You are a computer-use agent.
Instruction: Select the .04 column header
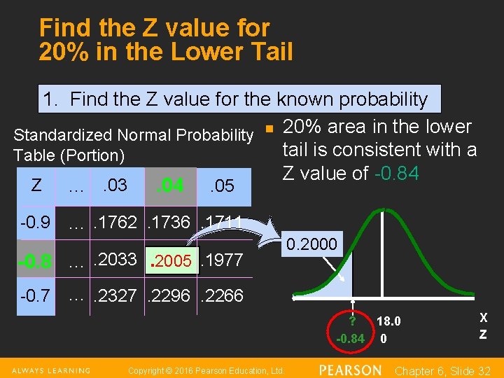pyautogui.click(x=170, y=185)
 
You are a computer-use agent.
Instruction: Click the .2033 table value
pyautogui.click(x=117, y=259)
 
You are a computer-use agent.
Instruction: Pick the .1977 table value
pyautogui.click(x=221, y=260)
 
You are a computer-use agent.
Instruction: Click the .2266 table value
pyautogui.click(x=221, y=296)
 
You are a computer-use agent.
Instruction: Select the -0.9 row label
pyautogui.click(x=35, y=223)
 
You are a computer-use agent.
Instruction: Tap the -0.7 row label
pyautogui.click(x=35, y=296)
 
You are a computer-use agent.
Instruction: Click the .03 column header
pyautogui.click(x=113, y=185)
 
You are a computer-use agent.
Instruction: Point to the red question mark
pyautogui.click(x=352, y=321)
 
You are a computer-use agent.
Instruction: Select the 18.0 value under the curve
pyautogui.click(x=388, y=321)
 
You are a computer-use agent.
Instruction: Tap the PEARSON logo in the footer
pyautogui.click(x=350, y=370)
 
